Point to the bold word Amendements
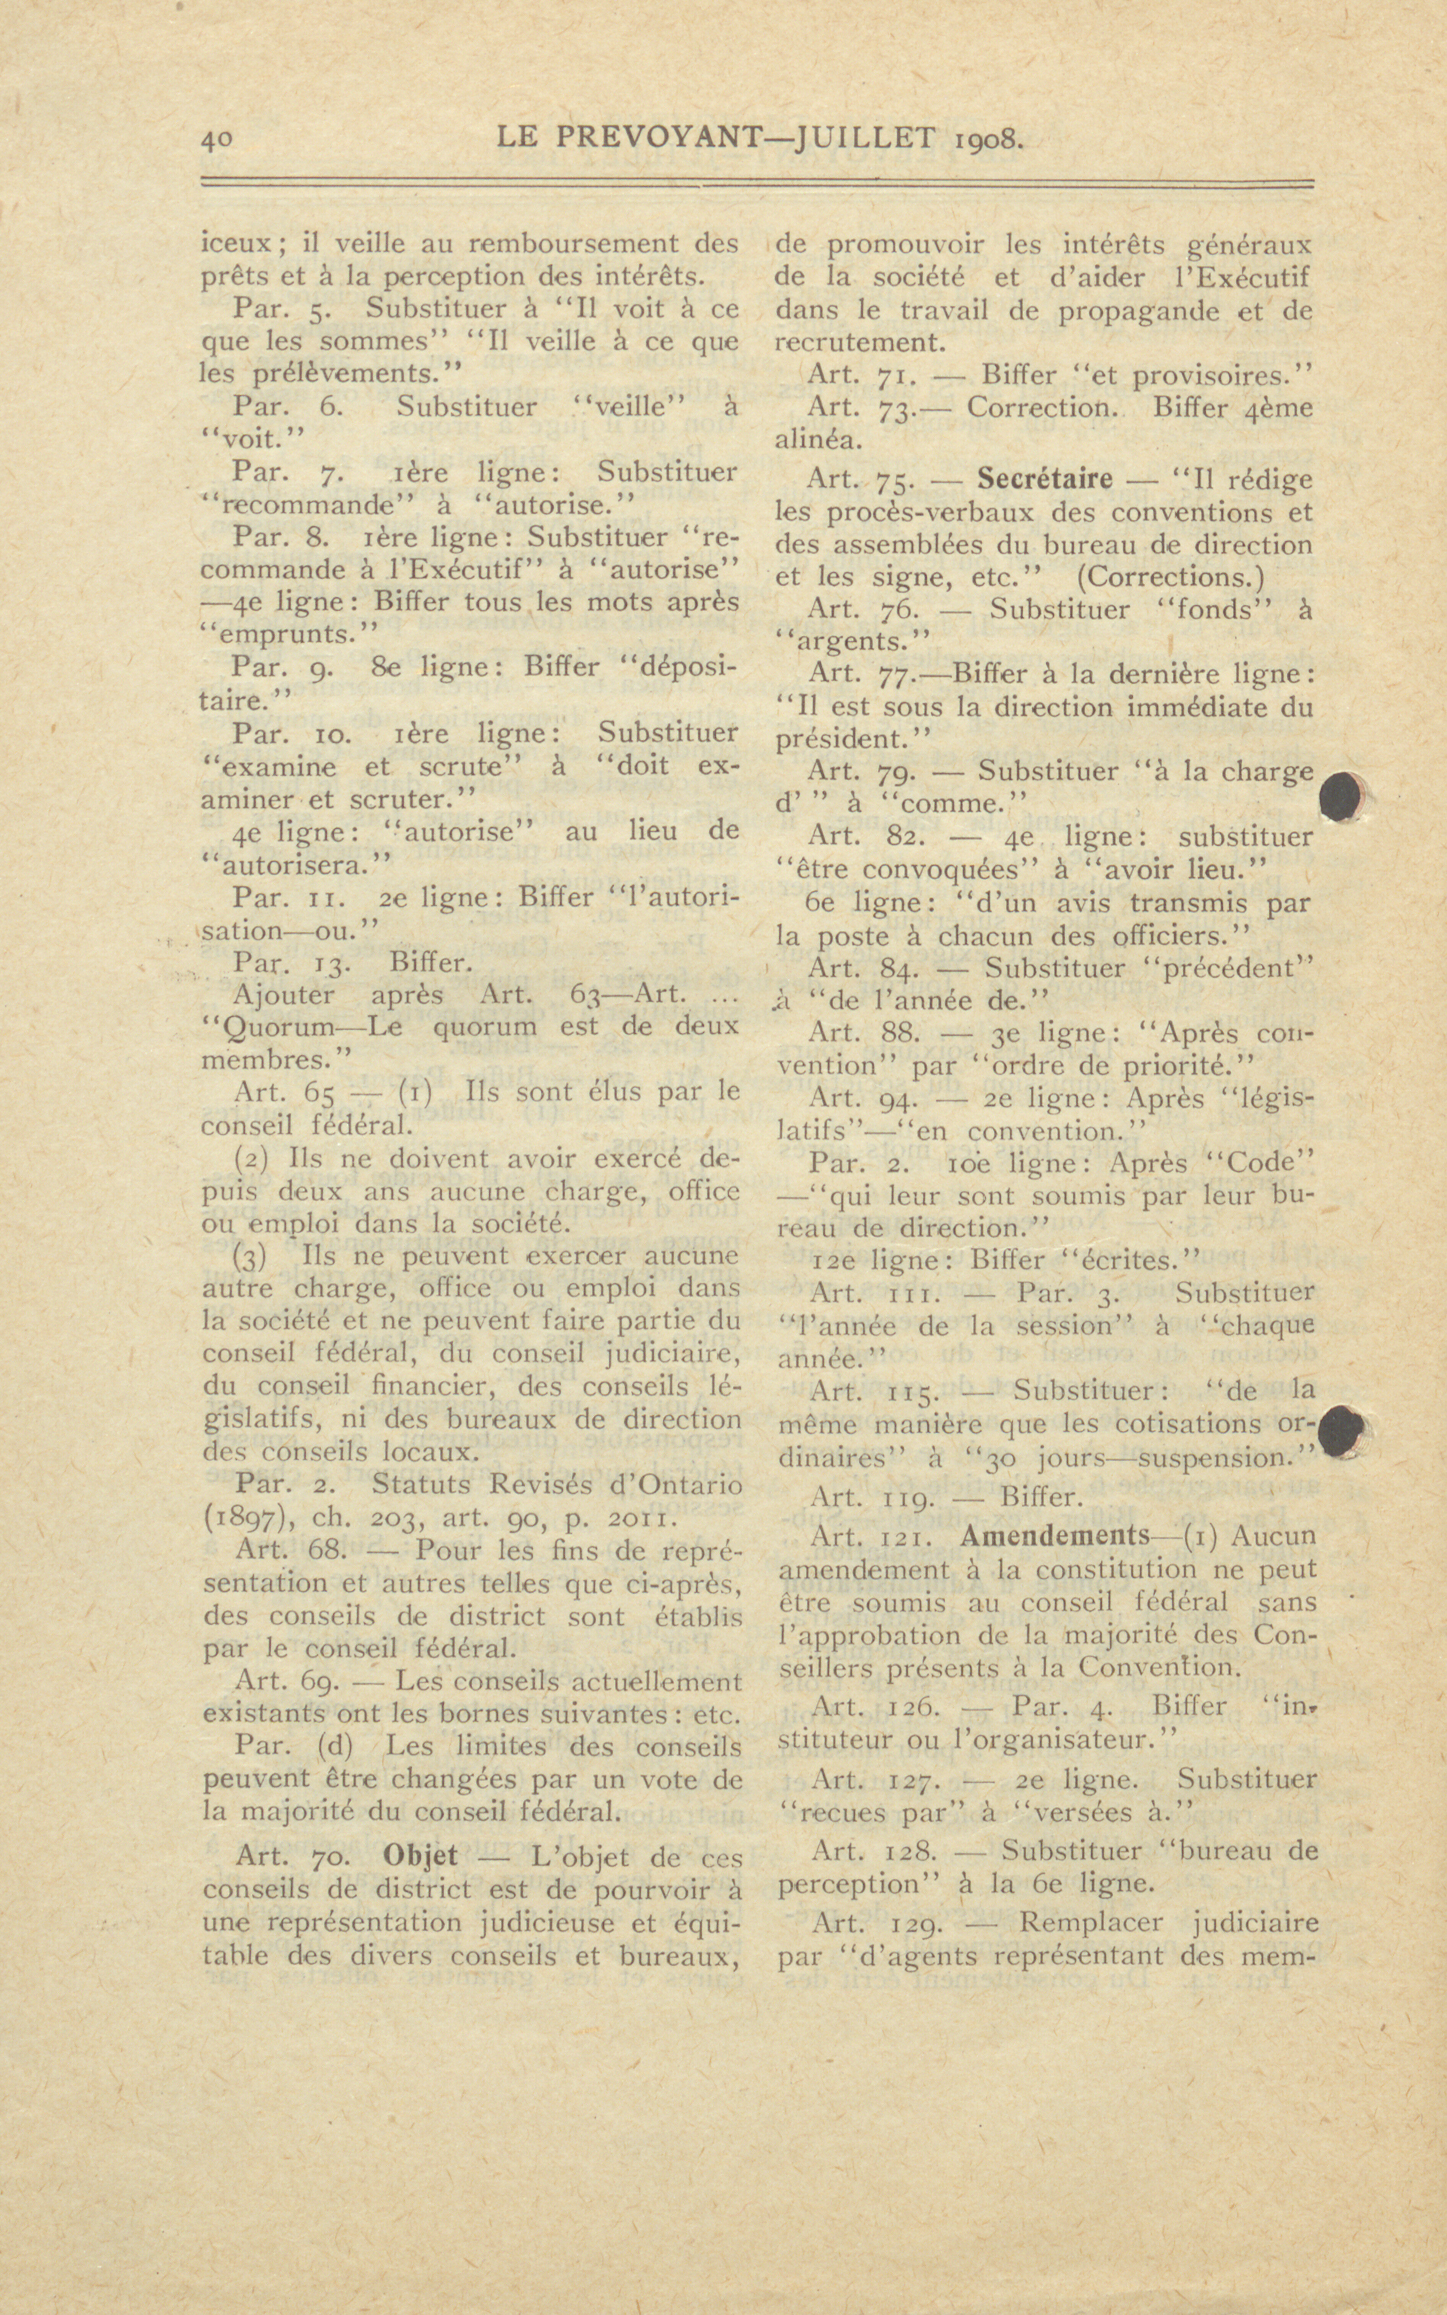click(x=1054, y=1535)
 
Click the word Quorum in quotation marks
click(x=274, y=1028)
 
